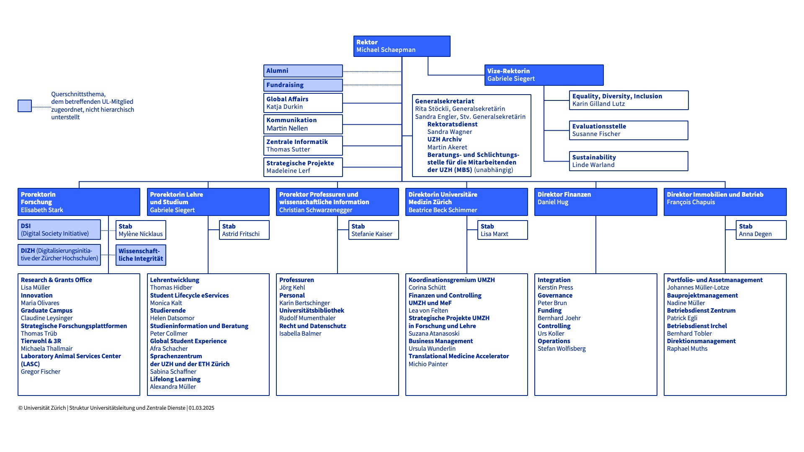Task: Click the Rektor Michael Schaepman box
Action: tap(402, 46)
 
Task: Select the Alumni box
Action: tap(303, 71)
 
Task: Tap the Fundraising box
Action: tap(303, 85)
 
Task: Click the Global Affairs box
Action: tap(303, 103)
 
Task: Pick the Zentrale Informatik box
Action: tap(303, 146)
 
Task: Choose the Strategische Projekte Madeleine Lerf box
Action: tap(303, 167)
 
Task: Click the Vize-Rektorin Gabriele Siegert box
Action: tap(544, 75)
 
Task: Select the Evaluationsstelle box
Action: tap(629, 130)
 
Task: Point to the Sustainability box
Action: tap(629, 161)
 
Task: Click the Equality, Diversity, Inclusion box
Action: tap(629, 100)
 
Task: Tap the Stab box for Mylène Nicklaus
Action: tap(141, 230)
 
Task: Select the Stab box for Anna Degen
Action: tap(761, 230)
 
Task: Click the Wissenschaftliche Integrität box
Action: tap(141, 255)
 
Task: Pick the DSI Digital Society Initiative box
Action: tap(59, 230)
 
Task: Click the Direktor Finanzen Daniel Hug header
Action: tap(595, 202)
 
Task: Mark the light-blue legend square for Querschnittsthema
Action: tap(25, 106)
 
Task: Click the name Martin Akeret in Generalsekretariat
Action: tap(447, 147)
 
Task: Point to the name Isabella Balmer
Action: tap(300, 334)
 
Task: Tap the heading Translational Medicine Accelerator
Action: tap(459, 356)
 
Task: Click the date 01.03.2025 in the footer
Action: tap(201, 408)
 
